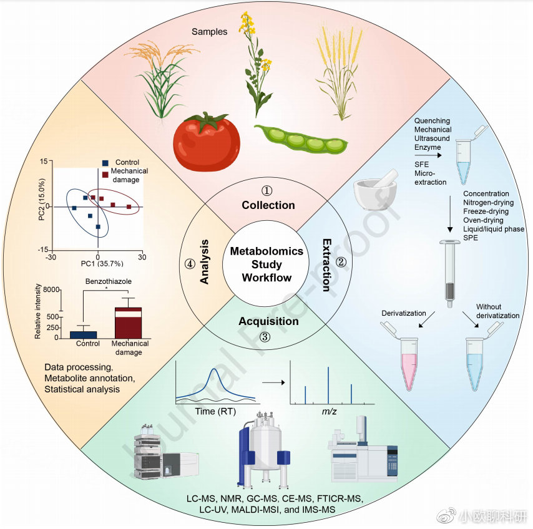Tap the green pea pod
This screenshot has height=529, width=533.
tap(301, 139)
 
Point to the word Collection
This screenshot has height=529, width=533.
tap(268, 205)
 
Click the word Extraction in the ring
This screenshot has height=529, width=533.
tap(326, 265)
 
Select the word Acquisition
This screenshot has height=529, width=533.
tap(268, 321)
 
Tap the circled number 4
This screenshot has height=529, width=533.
tap(190, 264)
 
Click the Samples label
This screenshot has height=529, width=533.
tap(210, 32)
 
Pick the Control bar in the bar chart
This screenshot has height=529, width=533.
tap(83, 334)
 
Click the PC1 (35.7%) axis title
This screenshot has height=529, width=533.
tap(102, 264)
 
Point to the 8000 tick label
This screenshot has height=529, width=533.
tap(51, 289)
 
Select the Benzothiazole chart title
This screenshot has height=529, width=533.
tap(109, 281)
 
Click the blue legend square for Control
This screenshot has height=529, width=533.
tap(105, 163)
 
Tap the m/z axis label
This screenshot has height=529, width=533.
tap(329, 412)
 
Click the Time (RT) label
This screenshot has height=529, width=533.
tap(215, 412)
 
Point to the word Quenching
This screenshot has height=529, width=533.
tap(432, 120)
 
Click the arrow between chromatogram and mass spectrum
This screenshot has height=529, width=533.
tap(273, 382)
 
